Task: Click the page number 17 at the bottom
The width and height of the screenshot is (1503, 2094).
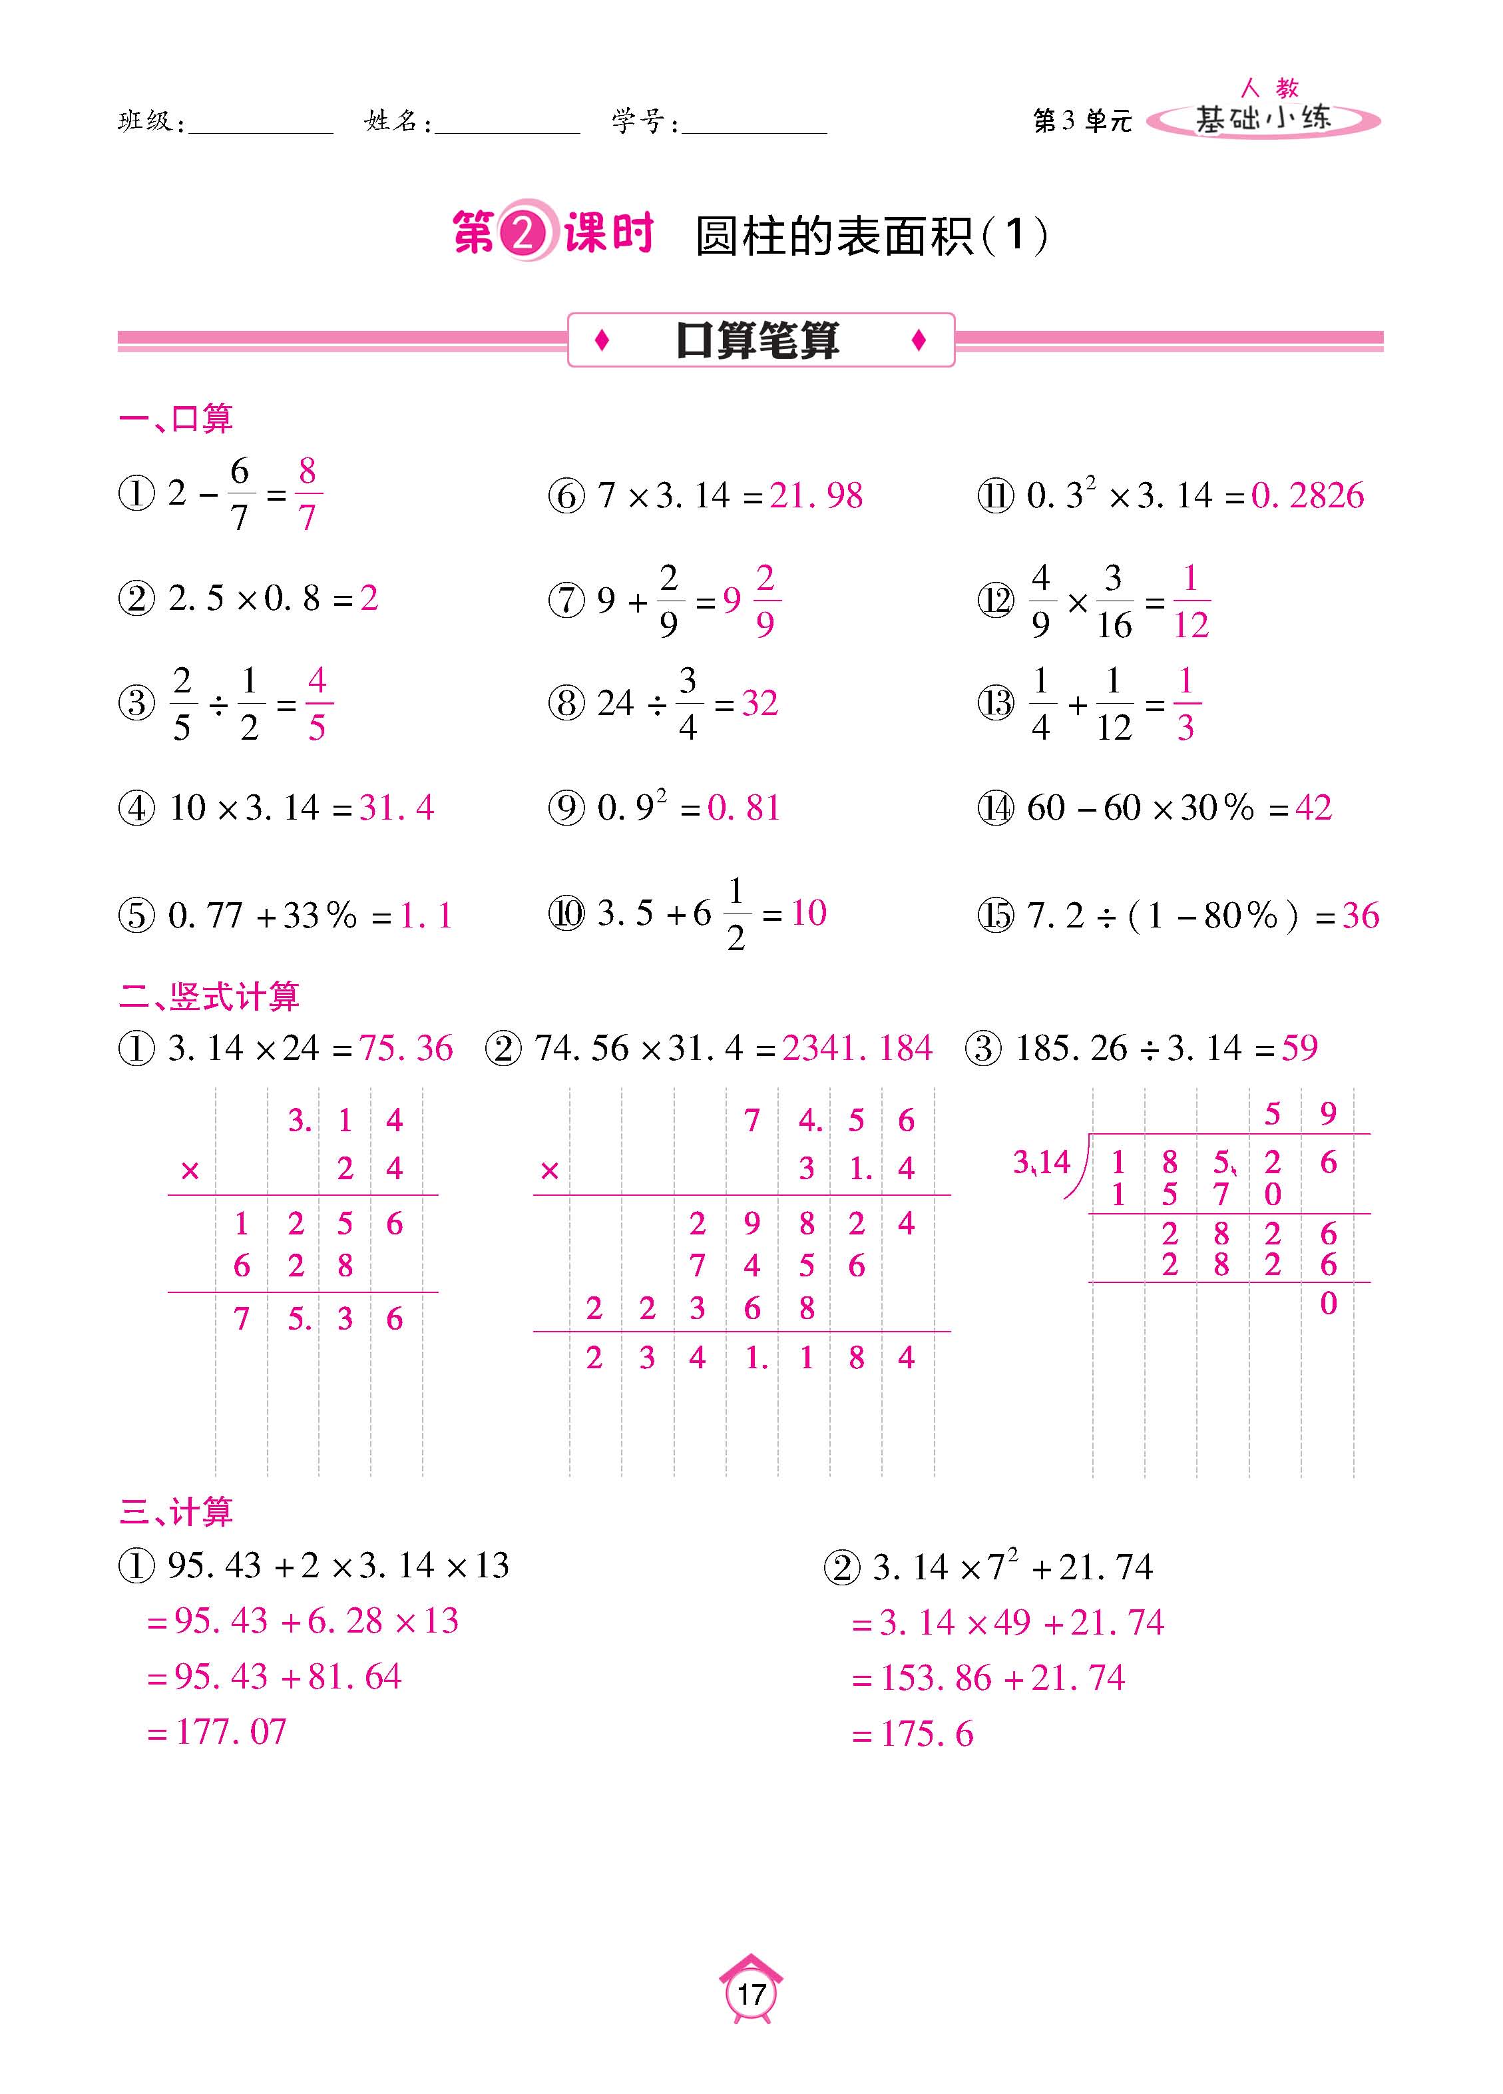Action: coord(751,1993)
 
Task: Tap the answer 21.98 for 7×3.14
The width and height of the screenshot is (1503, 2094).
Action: coord(816,496)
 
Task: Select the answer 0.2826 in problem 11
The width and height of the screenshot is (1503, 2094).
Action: coord(1307,496)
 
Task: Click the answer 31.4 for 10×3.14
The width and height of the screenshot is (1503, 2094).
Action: coord(396,808)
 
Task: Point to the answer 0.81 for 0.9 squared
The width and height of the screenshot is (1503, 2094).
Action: coord(744,808)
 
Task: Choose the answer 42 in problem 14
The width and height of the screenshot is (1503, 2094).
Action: coord(1313,808)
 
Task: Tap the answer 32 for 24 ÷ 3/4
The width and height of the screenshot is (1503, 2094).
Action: coord(759,704)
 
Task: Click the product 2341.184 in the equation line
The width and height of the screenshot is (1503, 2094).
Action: coord(857,1048)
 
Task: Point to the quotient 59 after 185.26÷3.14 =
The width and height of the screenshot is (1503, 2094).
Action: coord(1300,1048)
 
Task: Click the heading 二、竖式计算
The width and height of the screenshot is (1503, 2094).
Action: coord(210,996)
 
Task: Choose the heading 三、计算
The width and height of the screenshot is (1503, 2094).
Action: coord(176,1511)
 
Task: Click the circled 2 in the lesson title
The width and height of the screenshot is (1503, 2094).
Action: coord(523,234)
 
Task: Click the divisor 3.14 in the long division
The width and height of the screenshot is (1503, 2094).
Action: coord(1042,1161)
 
